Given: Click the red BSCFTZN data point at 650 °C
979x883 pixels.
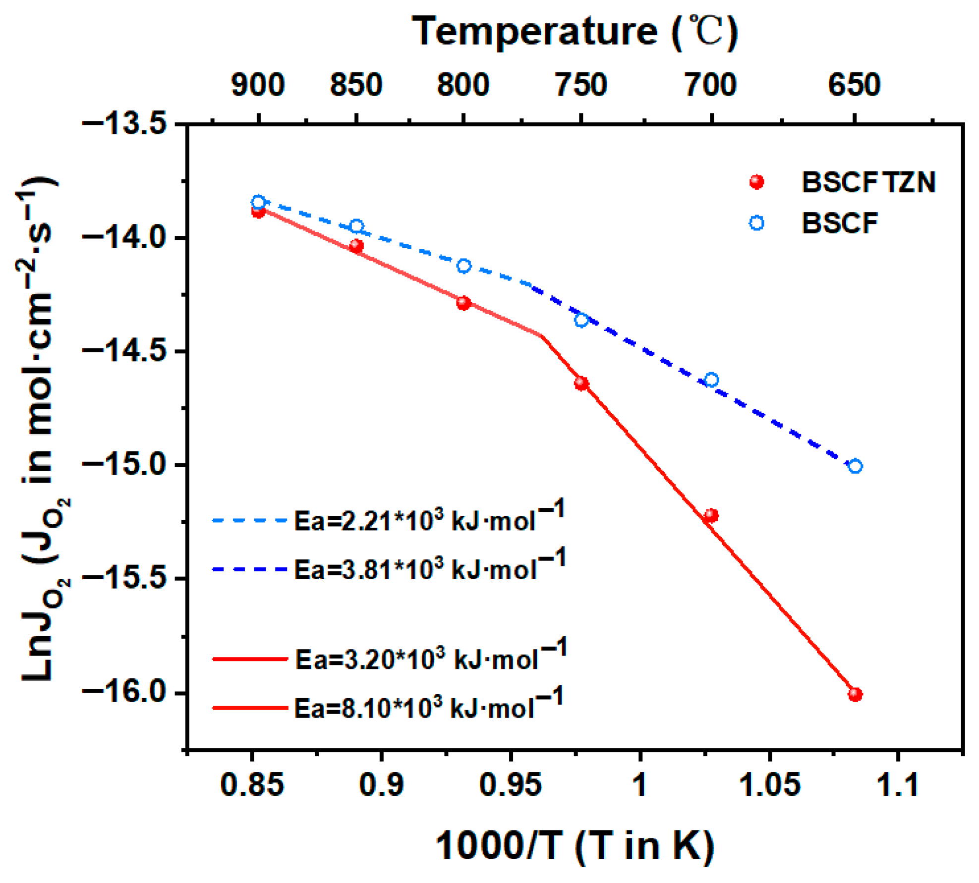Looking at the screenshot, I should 855,694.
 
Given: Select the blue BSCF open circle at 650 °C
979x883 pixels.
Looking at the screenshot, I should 855,466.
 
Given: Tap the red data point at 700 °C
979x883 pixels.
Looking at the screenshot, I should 711,515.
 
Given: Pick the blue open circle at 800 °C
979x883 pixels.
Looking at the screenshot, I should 463,266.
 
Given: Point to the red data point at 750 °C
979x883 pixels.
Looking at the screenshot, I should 581,383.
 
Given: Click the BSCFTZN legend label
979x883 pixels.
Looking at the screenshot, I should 868,182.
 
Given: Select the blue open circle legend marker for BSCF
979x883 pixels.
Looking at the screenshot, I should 756,223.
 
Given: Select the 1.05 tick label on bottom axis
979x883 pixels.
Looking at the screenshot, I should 769,784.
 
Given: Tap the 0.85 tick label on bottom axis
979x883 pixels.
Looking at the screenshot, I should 252,784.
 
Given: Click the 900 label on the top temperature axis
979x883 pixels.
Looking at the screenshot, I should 258,85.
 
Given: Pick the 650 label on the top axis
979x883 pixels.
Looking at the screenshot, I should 854,85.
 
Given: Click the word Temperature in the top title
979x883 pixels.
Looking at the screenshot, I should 535,32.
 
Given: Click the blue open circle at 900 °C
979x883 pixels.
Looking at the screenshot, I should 258,202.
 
